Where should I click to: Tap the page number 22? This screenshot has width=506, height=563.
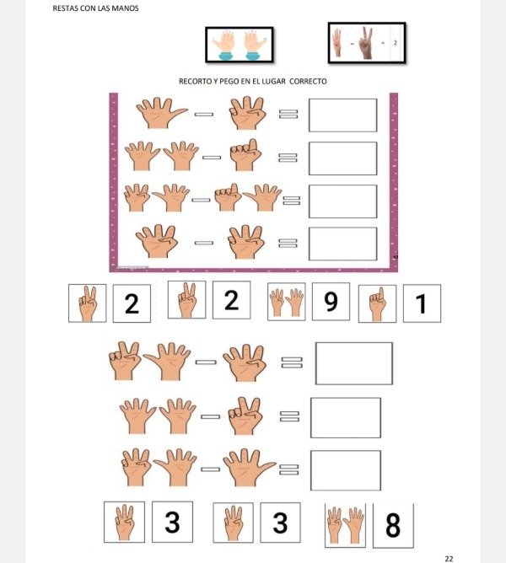click(x=449, y=558)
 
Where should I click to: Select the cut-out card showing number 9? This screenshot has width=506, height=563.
click(x=331, y=301)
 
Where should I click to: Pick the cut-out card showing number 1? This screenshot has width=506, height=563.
click(x=422, y=303)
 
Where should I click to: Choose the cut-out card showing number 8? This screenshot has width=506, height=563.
click(x=393, y=526)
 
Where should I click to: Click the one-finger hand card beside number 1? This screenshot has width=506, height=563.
click(x=377, y=303)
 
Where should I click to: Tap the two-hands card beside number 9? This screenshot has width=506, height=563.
click(x=287, y=302)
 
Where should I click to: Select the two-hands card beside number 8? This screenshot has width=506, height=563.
click(x=345, y=525)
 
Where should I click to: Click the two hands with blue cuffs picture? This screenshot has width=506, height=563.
click(x=240, y=45)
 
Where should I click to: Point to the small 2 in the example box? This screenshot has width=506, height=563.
click(x=396, y=43)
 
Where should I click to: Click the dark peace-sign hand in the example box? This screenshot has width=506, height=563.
click(x=367, y=43)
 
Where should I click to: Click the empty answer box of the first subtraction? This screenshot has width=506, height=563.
click(x=343, y=115)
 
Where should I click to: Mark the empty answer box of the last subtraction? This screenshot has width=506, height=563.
click(x=346, y=470)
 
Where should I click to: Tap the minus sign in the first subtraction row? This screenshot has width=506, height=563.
click(x=204, y=115)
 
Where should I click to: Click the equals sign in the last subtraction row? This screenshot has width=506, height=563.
click(x=289, y=469)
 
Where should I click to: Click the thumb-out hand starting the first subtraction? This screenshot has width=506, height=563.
click(x=160, y=113)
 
